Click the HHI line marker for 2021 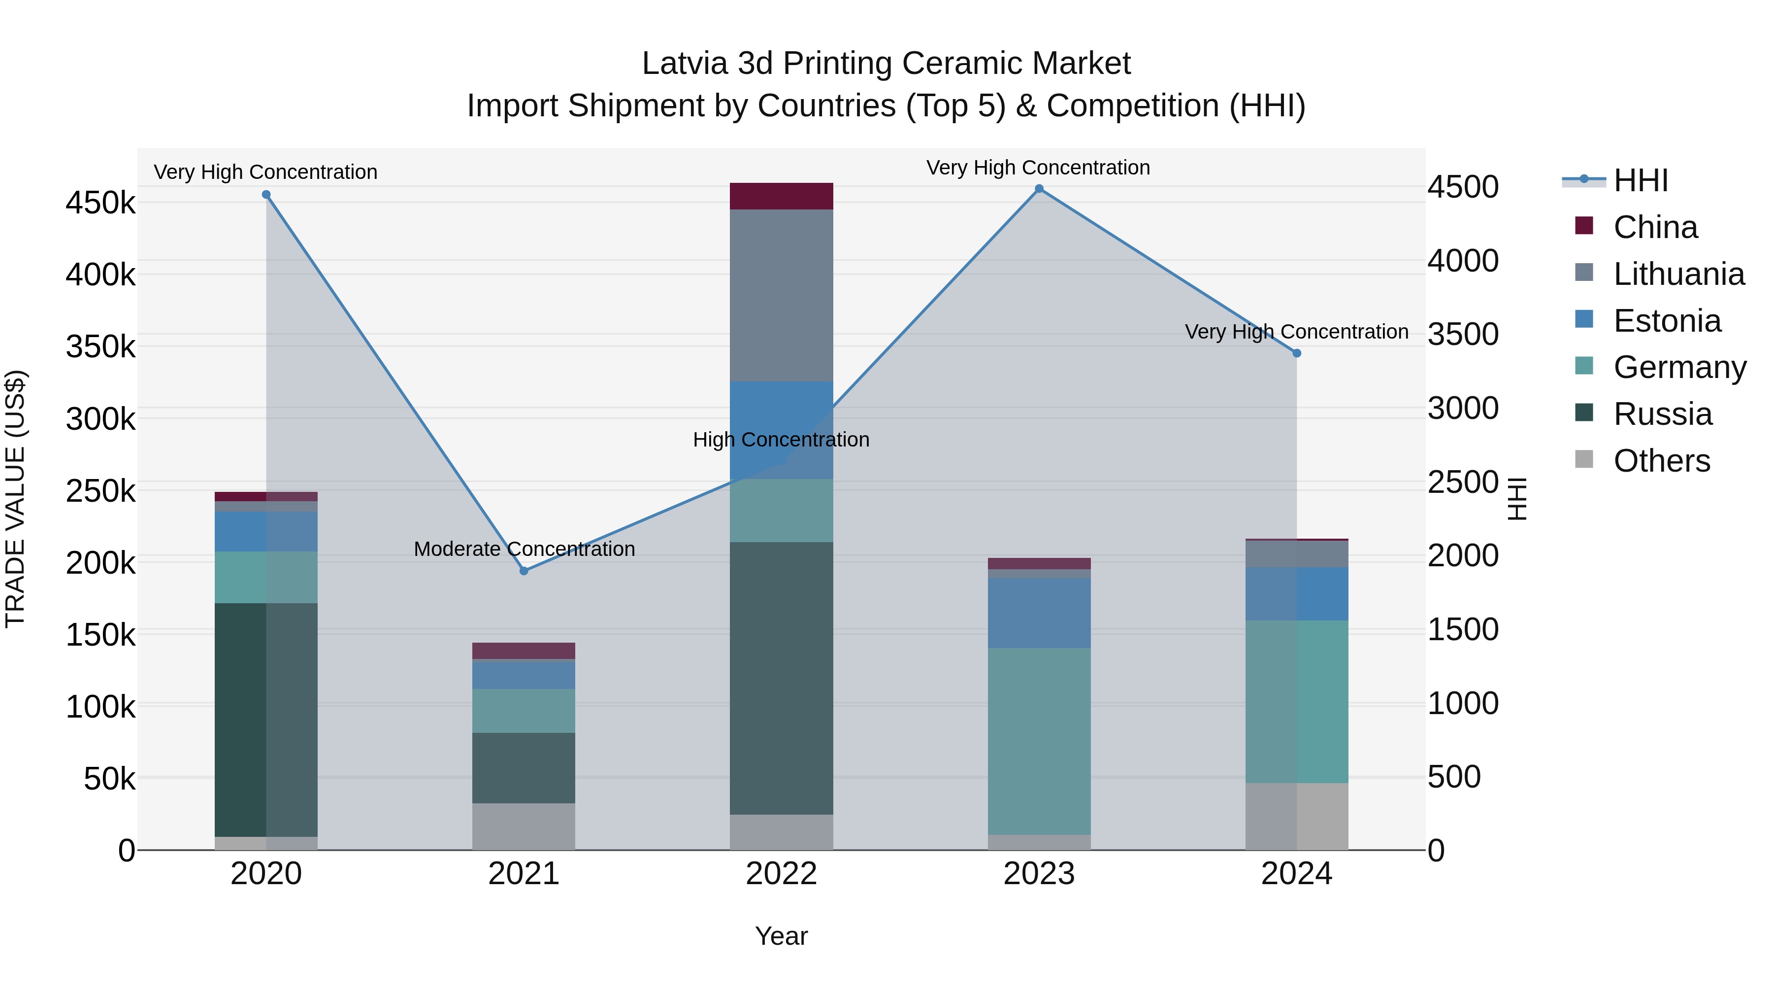[x=524, y=571]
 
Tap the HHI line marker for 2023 [x=1039, y=189]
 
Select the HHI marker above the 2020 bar [x=266, y=195]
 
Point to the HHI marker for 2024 [x=1297, y=353]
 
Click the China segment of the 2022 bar [x=781, y=196]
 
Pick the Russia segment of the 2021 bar [x=524, y=767]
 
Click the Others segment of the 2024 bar [x=1297, y=816]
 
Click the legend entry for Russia [x=1662, y=414]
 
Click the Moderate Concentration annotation [x=524, y=549]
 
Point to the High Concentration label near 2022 [x=781, y=440]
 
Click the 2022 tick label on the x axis [x=781, y=874]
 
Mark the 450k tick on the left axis [x=100, y=203]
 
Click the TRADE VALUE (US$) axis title [x=15, y=499]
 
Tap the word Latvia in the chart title [x=685, y=64]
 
